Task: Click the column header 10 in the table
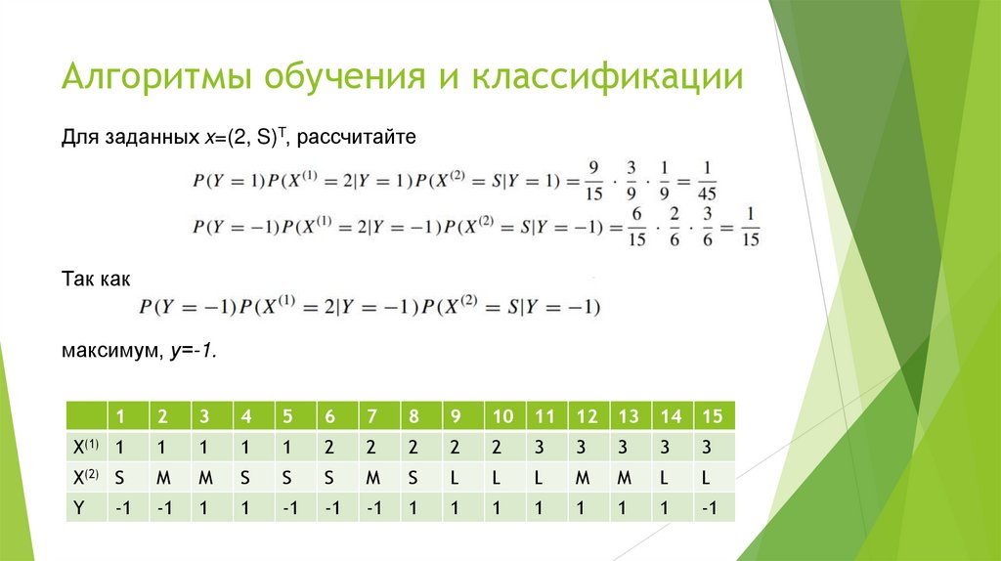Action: [x=502, y=416]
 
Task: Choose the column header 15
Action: [x=711, y=416]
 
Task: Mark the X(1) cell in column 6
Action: [x=329, y=446]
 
